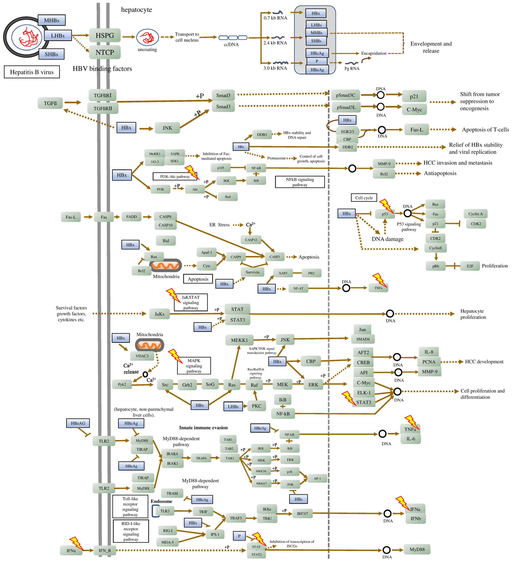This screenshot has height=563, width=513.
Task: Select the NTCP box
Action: point(105,52)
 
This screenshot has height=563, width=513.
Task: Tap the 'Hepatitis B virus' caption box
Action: point(32,72)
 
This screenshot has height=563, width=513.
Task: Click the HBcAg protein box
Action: point(317,53)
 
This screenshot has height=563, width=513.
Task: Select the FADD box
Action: point(132,217)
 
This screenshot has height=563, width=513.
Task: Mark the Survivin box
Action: point(252,272)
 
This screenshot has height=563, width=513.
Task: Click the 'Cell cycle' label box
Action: point(364,198)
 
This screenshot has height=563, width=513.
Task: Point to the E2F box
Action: point(470,266)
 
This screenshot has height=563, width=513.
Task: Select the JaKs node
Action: point(159,314)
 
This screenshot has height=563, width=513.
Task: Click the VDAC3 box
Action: point(142,356)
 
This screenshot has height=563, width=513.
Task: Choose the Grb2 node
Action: point(187,385)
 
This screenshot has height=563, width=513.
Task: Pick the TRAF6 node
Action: point(201,458)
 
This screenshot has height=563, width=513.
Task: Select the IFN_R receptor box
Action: point(105,550)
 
